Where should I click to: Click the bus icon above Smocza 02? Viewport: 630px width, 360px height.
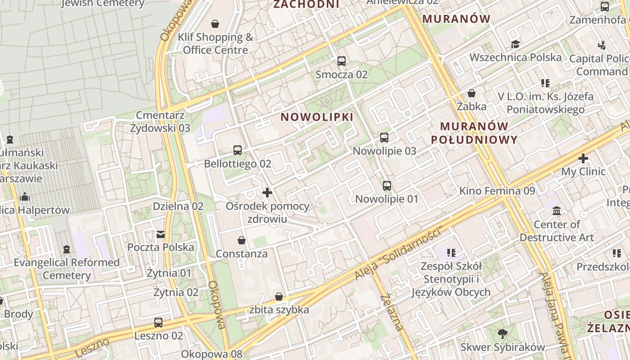point(342,61)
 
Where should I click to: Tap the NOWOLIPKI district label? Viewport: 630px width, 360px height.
point(317,117)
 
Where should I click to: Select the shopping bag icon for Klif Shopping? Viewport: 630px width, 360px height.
point(215,23)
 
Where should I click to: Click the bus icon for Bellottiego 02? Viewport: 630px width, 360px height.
point(237,150)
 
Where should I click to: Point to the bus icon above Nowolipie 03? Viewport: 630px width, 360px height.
point(384,138)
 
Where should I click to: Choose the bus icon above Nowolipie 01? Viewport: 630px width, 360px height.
point(387,185)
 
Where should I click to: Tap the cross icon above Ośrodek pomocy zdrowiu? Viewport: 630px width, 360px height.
point(267,193)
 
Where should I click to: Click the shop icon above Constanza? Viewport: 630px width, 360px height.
point(242,240)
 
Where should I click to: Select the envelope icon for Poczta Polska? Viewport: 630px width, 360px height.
point(160,234)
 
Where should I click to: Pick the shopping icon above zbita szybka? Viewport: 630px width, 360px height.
point(279,297)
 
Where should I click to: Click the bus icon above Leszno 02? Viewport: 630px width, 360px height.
point(158,322)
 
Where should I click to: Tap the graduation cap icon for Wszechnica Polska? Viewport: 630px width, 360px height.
point(515,44)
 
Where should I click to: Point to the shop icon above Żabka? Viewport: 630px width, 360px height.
point(472,93)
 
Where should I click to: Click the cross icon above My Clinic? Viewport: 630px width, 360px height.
point(583,158)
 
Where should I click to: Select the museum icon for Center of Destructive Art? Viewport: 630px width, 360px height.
point(557,211)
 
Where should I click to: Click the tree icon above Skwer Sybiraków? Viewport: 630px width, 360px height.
point(503,333)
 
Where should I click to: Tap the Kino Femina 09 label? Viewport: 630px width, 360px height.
point(497,191)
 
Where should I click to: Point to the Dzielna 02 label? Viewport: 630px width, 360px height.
point(178,207)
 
